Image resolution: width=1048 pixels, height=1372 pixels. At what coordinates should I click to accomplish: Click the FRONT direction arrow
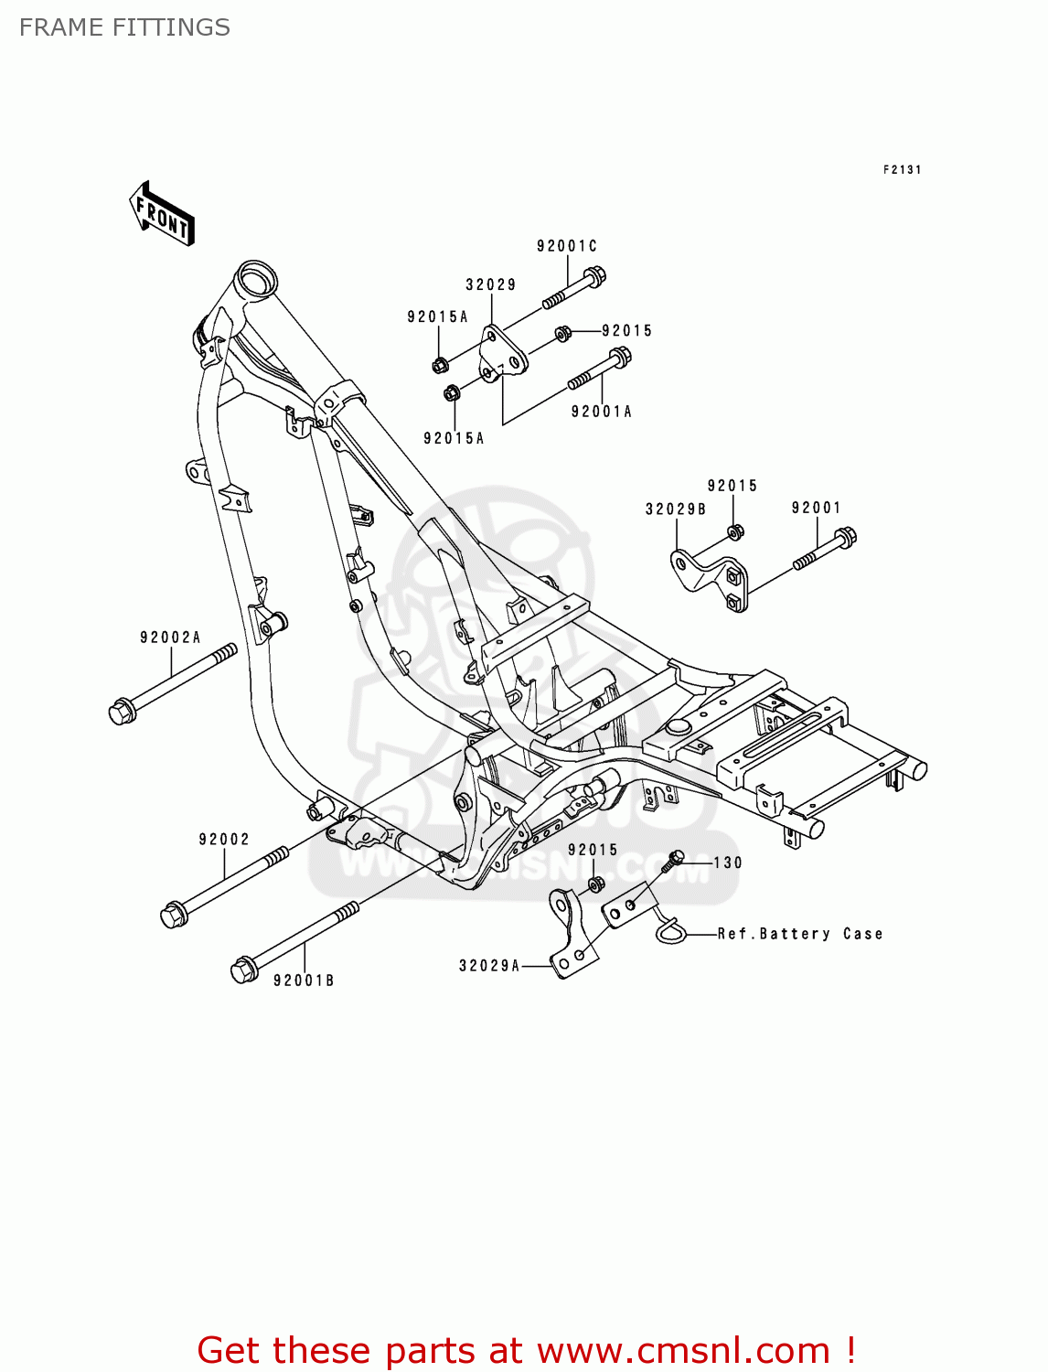162,213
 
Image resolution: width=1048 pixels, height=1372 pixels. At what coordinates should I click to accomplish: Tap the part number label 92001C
566,246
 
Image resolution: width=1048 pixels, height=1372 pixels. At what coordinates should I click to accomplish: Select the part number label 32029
491,284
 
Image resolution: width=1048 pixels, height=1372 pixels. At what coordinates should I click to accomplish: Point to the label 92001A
602,412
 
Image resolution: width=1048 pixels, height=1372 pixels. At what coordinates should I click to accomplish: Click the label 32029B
676,509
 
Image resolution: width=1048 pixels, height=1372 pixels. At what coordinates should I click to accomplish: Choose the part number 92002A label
170,638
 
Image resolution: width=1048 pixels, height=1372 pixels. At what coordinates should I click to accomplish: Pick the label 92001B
304,981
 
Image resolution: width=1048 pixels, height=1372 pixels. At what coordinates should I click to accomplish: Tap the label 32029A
489,966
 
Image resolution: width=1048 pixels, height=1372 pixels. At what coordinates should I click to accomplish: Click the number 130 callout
728,863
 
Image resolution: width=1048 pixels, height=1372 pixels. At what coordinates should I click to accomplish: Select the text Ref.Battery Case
800,934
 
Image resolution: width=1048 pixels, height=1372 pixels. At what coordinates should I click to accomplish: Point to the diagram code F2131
903,169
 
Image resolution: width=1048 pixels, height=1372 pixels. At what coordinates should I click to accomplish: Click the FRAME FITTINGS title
124,27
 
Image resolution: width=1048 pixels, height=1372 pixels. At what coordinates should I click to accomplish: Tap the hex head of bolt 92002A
122,712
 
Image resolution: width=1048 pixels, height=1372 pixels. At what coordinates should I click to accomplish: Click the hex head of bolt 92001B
243,970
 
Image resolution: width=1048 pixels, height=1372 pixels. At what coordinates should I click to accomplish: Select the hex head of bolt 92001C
594,275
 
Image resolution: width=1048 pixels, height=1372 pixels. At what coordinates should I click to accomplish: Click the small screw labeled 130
677,858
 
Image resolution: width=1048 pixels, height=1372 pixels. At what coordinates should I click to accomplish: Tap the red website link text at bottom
527,1350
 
